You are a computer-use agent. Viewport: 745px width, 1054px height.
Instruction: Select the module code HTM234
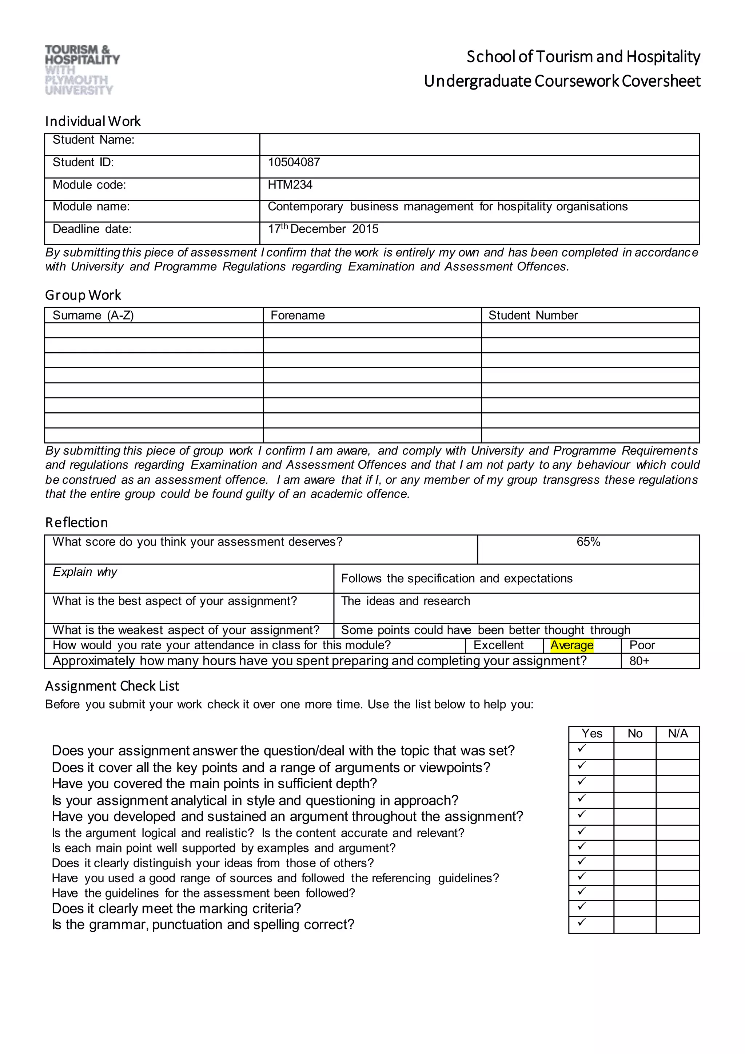click(x=290, y=185)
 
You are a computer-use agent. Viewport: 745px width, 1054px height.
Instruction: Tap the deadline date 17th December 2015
click(x=323, y=229)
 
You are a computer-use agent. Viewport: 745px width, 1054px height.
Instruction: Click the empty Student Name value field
click(x=479, y=144)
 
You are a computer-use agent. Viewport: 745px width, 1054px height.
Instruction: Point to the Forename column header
click(x=298, y=316)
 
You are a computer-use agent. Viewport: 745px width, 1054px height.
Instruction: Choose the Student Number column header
click(x=533, y=316)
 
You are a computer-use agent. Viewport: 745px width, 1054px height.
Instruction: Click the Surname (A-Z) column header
click(x=93, y=316)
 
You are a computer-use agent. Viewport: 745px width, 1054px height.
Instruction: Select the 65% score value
click(x=588, y=542)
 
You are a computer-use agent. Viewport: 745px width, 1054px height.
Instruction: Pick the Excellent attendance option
click(x=498, y=645)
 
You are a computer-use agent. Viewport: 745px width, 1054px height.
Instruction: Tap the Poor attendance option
click(x=642, y=645)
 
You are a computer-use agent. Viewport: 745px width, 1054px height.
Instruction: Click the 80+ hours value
click(x=639, y=661)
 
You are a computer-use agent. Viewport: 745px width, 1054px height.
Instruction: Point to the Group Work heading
click(x=83, y=295)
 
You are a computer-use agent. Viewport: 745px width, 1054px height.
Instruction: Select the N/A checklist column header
click(x=678, y=734)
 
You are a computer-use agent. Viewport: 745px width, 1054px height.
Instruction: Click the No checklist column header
click(x=635, y=734)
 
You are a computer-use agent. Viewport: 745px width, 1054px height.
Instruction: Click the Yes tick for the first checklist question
click(x=582, y=749)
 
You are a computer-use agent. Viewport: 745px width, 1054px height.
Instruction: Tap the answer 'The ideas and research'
click(x=406, y=601)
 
